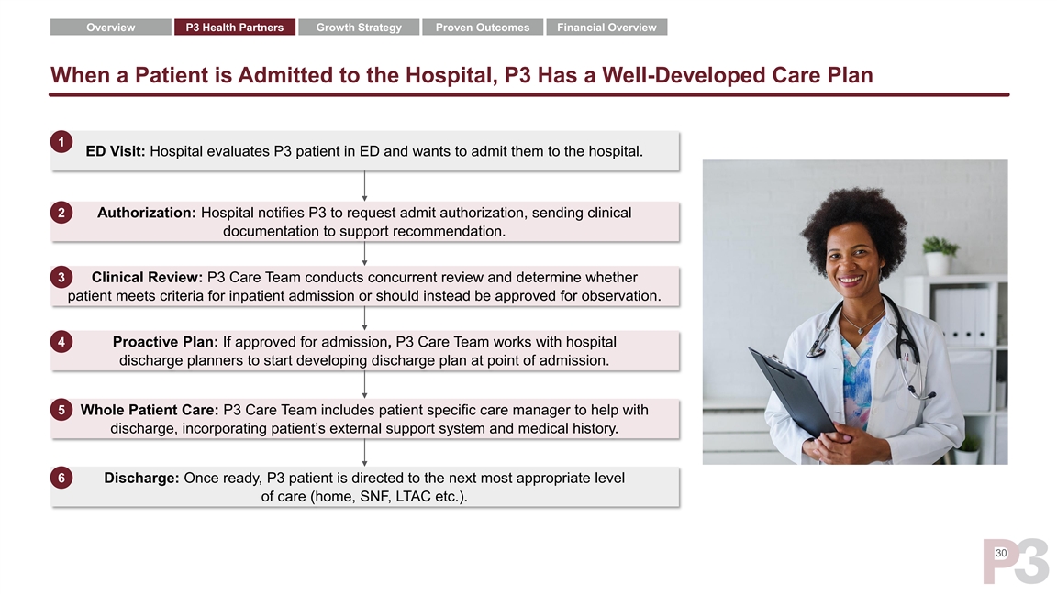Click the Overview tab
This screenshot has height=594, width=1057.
coord(110,27)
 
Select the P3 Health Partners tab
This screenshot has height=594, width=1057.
coord(235,27)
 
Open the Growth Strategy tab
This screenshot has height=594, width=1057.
coord(359,27)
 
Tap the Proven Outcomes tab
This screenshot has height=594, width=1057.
coord(483,27)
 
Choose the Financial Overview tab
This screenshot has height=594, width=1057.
coord(606,27)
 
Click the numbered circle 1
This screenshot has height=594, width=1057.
coord(61,142)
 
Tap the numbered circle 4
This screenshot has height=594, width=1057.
coord(61,341)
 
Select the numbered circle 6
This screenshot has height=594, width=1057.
coord(61,478)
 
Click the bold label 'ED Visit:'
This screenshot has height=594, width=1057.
coord(116,151)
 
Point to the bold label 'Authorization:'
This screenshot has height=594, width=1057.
coord(146,213)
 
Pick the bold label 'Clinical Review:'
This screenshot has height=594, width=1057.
coord(147,278)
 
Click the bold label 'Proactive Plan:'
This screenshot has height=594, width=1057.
coord(165,342)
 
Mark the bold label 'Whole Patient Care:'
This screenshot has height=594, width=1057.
coord(150,410)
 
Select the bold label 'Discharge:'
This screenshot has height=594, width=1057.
coord(141,478)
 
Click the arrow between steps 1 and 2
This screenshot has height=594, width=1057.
coord(364,186)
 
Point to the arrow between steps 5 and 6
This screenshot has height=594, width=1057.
coord(364,453)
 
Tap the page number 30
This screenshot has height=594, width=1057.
coord(1001,553)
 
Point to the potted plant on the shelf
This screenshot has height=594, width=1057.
coord(939,255)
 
